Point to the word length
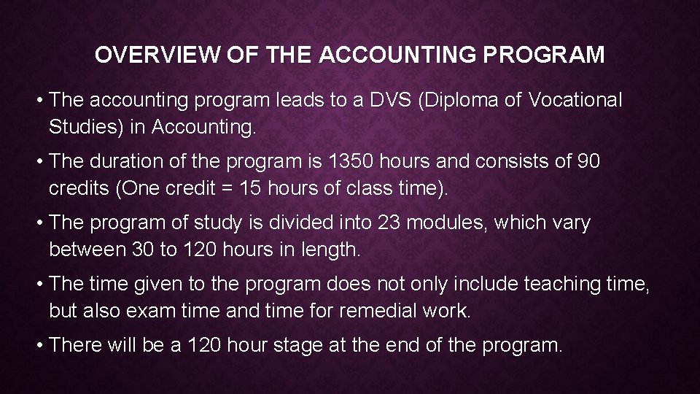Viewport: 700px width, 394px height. [331, 250]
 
